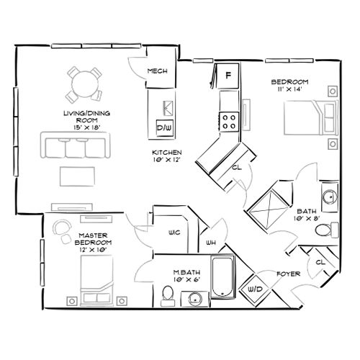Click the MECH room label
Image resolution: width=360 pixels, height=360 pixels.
pos(157,71)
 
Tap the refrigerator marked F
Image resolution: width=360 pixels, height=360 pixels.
pos(229,75)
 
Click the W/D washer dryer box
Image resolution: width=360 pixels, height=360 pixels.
pos(254,288)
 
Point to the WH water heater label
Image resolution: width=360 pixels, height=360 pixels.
pos(211,243)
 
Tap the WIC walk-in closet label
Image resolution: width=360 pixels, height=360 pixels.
pos(174,232)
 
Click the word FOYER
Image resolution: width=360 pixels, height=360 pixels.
pos(289,274)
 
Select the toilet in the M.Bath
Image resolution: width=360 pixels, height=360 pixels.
pos(167,294)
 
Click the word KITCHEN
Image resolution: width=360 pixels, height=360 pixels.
pos(166,153)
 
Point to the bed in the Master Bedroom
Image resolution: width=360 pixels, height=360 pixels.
pos(97,279)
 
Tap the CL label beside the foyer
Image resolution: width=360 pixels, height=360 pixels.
pos(320,263)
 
